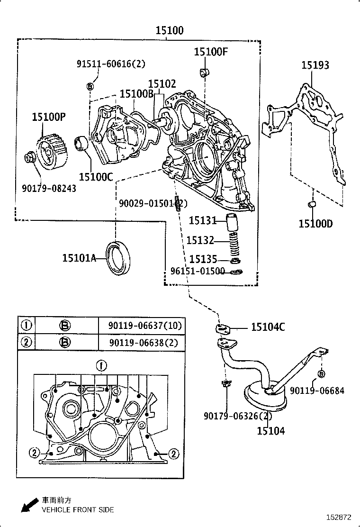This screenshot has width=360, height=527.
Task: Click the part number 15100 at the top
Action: [x=170, y=31]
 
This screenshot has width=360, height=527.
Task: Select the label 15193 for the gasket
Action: [x=315, y=65]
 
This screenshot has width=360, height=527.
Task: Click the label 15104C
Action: [x=268, y=327]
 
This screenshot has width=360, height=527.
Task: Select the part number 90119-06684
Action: [x=317, y=391]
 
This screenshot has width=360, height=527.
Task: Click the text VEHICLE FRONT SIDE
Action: [x=78, y=510]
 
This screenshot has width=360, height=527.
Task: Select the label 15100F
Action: [x=211, y=52]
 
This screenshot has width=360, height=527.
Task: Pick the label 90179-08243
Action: [x=49, y=188]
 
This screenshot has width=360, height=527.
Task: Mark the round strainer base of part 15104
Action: [x=265, y=398]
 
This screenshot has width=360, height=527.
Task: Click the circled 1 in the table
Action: [x=27, y=325]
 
